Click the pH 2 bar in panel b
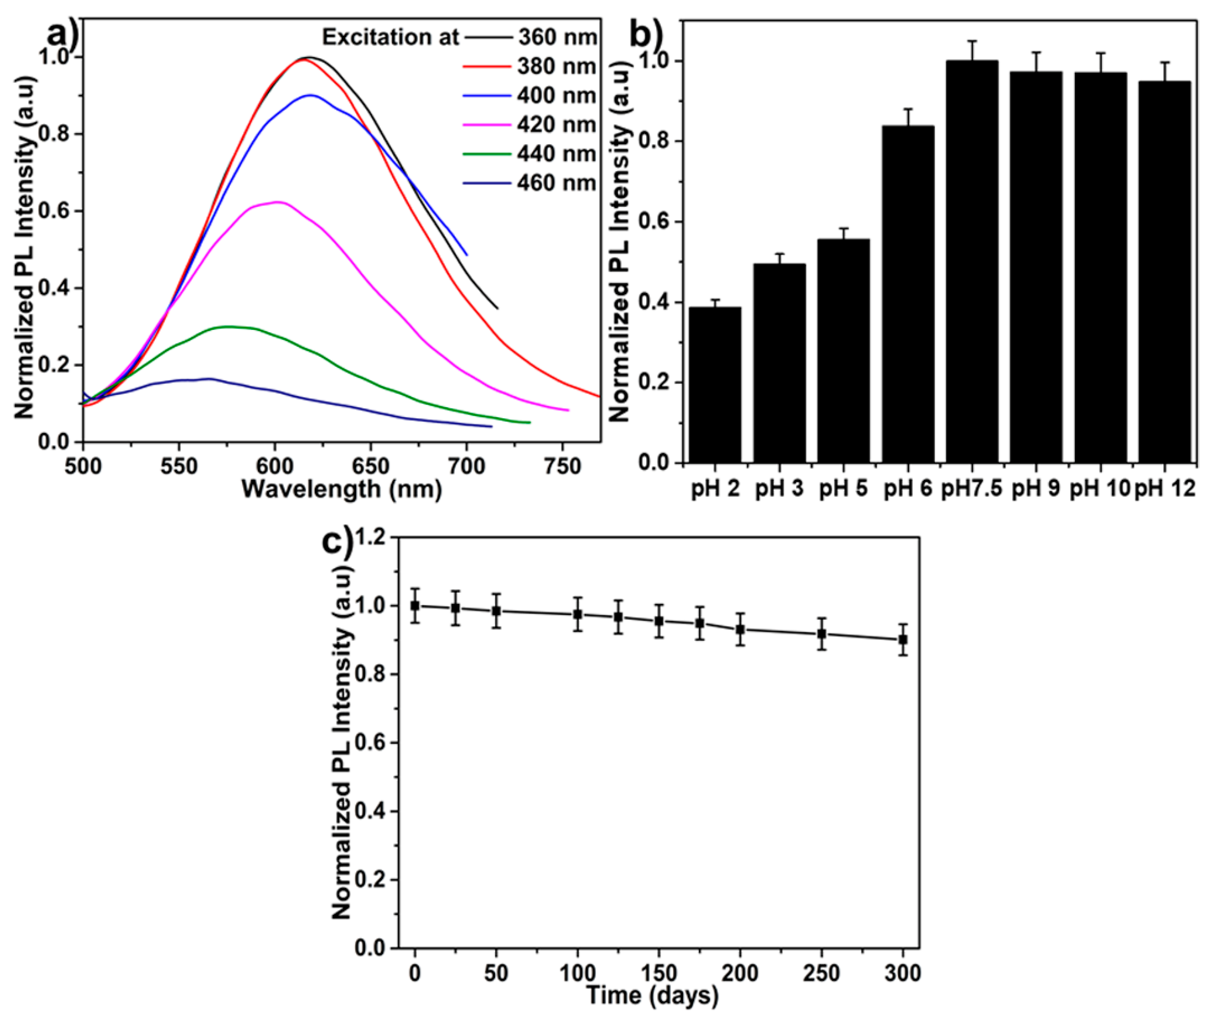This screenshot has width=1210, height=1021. [x=715, y=385]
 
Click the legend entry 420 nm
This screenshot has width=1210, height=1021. [x=556, y=125]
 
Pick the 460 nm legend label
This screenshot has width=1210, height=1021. [x=556, y=183]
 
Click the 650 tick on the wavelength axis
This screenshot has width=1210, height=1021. [x=371, y=466]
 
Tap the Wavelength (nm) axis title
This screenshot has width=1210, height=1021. [x=342, y=490]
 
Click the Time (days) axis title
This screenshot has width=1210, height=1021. [x=652, y=995]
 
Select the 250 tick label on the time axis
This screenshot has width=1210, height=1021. [x=821, y=972]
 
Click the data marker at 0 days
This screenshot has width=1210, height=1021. [x=415, y=606]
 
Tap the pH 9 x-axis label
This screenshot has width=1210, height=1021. [x=1036, y=489]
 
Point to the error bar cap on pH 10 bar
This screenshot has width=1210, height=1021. [x=1101, y=53]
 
